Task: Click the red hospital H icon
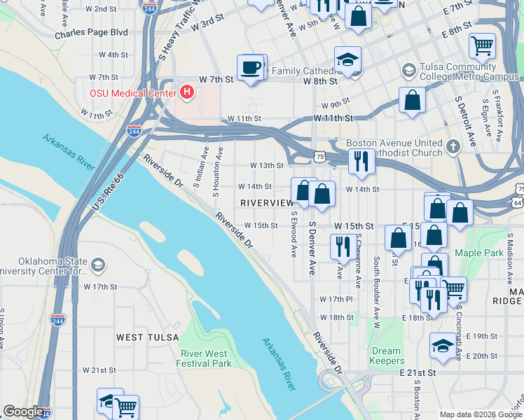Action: click(186, 92)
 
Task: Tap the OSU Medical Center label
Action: click(132, 92)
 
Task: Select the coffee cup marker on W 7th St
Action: click(250, 68)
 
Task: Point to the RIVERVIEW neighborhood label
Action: click(266, 202)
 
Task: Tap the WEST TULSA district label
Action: click(142, 337)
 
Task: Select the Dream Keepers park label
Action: click(387, 356)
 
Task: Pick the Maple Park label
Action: click(478, 253)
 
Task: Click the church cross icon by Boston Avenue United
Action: click(453, 148)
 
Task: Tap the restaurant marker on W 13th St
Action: click(361, 161)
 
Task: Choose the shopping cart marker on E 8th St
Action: click(482, 45)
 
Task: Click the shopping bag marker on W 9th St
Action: click(413, 99)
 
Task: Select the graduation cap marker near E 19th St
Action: click(442, 346)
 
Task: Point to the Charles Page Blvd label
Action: click(91, 32)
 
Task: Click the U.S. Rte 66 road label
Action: click(106, 194)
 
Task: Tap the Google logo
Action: click(23, 412)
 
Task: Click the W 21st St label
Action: click(99, 370)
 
